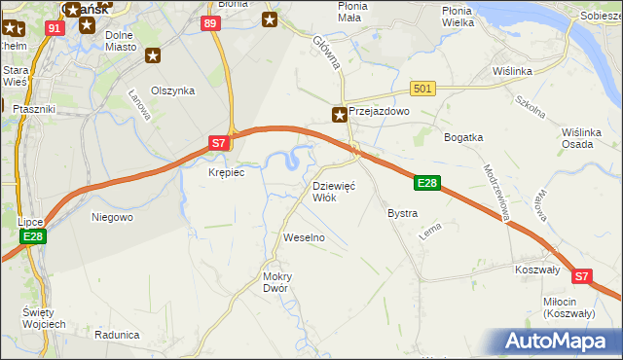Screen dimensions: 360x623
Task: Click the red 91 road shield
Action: coord(55,29)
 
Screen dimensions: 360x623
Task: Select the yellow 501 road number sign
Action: coord(421,89)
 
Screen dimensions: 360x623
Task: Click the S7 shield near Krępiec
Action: coord(219,142)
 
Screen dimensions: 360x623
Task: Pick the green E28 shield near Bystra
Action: coord(428,182)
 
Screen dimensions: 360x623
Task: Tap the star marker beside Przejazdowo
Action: coord(339,114)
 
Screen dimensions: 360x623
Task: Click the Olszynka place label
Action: coord(172,90)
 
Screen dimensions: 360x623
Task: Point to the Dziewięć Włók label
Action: coord(334,191)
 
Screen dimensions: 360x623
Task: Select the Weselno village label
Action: coord(303,237)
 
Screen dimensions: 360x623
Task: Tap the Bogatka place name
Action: coord(463,137)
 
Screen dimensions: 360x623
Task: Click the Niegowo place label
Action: coord(112,217)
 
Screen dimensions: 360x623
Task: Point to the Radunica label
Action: coord(117,334)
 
